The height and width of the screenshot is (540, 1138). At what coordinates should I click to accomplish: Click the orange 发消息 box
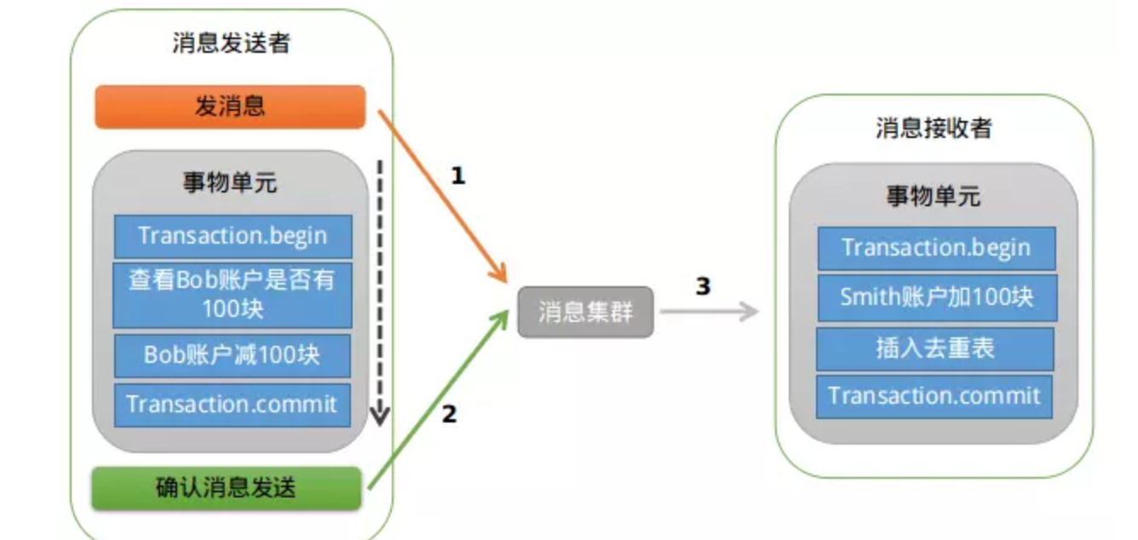pyautogui.click(x=230, y=106)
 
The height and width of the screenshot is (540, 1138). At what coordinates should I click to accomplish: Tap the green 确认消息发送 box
pyautogui.click(x=227, y=488)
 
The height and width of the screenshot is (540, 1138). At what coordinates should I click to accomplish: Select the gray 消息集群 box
pyautogui.click(x=585, y=312)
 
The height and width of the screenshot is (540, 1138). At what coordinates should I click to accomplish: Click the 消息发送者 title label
pyautogui.click(x=231, y=43)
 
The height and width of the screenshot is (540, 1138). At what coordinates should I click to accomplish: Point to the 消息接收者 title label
pyautogui.click(x=934, y=128)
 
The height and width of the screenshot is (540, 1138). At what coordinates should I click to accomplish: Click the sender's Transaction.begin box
pyautogui.click(x=233, y=236)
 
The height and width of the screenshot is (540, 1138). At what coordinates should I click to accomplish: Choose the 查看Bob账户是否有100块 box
pyautogui.click(x=233, y=295)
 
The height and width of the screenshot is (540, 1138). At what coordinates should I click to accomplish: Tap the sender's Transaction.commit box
pyautogui.click(x=233, y=405)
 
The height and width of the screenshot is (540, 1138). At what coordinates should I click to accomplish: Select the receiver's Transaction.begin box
pyautogui.click(x=936, y=248)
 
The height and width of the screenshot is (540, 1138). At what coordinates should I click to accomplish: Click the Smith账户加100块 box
pyautogui.click(x=936, y=297)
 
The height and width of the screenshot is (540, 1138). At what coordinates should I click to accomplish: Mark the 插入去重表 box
pyautogui.click(x=935, y=348)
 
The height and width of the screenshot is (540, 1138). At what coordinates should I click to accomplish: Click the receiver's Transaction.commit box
pyautogui.click(x=934, y=396)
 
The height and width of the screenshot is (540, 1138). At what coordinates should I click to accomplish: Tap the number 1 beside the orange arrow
pyautogui.click(x=458, y=176)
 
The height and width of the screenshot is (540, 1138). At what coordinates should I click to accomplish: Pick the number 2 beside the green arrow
pyautogui.click(x=449, y=415)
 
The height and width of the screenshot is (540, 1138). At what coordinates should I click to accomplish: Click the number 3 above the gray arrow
pyautogui.click(x=703, y=286)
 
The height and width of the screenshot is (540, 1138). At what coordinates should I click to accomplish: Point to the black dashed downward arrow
pyautogui.click(x=380, y=290)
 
